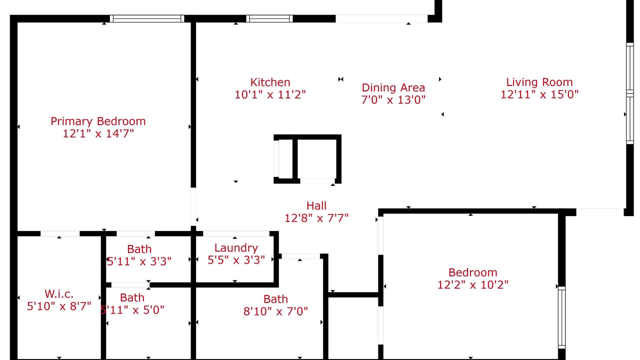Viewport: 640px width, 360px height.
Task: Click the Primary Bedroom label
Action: (98, 121)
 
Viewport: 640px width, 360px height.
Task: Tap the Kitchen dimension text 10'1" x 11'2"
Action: (270, 94)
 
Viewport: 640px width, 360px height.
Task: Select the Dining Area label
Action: (393, 88)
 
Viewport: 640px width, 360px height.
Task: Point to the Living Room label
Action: (539, 82)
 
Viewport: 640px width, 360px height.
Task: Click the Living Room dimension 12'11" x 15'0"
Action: (539, 94)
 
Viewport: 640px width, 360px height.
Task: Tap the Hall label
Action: (316, 206)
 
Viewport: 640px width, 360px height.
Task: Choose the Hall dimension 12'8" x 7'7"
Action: (316, 218)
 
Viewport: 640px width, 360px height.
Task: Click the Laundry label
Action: (236, 248)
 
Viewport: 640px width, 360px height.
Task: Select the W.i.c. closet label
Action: (59, 294)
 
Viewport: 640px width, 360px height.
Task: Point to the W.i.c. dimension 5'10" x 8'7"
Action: (59, 306)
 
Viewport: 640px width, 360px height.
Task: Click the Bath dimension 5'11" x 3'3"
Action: (139, 261)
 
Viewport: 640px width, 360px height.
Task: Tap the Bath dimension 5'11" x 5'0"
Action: (132, 310)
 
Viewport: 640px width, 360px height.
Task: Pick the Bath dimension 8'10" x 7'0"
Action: (275, 311)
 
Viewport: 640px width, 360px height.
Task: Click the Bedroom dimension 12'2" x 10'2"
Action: (473, 285)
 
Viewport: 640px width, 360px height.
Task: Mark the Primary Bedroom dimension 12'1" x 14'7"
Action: (98, 133)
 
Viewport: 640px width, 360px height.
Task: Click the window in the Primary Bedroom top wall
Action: (147, 19)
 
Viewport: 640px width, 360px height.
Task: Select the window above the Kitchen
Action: (269, 19)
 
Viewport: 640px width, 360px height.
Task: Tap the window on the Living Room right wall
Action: (630, 93)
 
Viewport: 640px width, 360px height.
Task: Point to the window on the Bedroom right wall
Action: (561, 317)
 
